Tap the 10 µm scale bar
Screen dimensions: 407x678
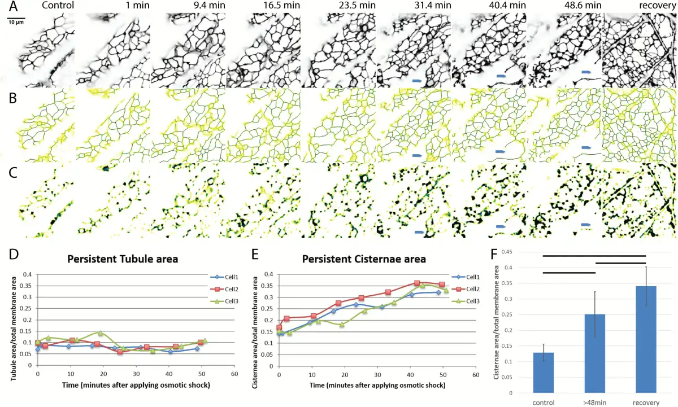tap(15, 20)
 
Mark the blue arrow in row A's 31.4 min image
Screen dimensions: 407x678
tap(417, 82)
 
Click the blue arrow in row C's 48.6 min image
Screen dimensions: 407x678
tap(586, 225)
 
